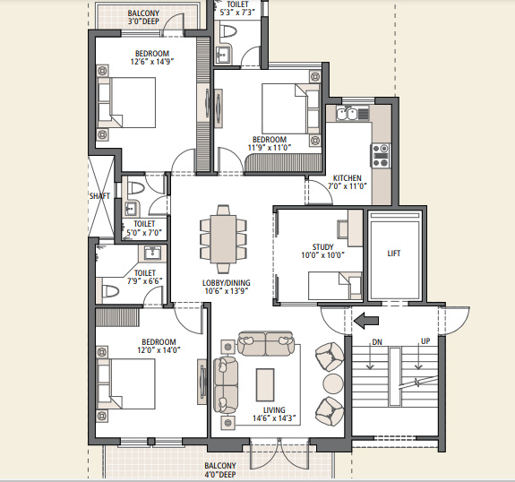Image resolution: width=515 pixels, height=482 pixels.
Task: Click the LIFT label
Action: (394, 254)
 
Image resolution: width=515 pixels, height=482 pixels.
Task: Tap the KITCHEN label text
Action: (347, 177)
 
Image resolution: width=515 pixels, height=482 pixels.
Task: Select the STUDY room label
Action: (322, 246)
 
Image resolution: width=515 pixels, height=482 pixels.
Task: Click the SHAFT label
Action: (99, 195)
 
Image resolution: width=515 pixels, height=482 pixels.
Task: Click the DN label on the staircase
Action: (376, 341)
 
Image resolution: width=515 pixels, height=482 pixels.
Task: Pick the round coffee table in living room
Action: (332, 383)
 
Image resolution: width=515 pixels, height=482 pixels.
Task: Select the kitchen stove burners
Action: (381, 155)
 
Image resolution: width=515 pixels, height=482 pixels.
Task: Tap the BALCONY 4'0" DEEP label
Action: (220, 470)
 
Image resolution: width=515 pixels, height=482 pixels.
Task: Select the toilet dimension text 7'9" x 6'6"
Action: (145, 282)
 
